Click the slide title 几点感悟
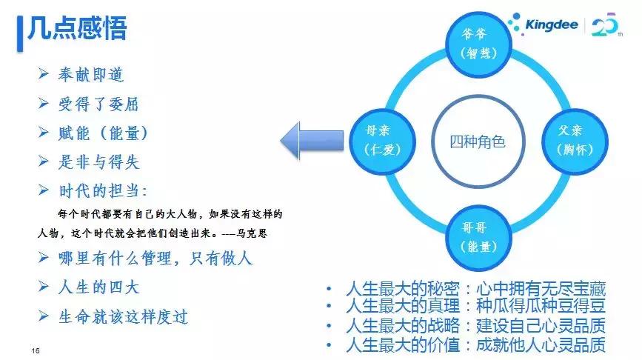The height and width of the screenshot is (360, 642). tap(77, 29)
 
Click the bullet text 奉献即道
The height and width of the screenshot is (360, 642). tap(90, 75)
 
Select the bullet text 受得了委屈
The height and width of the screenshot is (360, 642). tap(98, 104)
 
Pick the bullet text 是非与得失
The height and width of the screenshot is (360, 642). tap(98, 161)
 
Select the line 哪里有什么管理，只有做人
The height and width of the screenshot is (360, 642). tap(156, 259)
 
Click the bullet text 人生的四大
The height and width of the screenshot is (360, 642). tap(98, 287)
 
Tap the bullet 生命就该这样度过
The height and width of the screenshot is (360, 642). tap(122, 316)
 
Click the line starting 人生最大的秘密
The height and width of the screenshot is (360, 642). tap(474, 289)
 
